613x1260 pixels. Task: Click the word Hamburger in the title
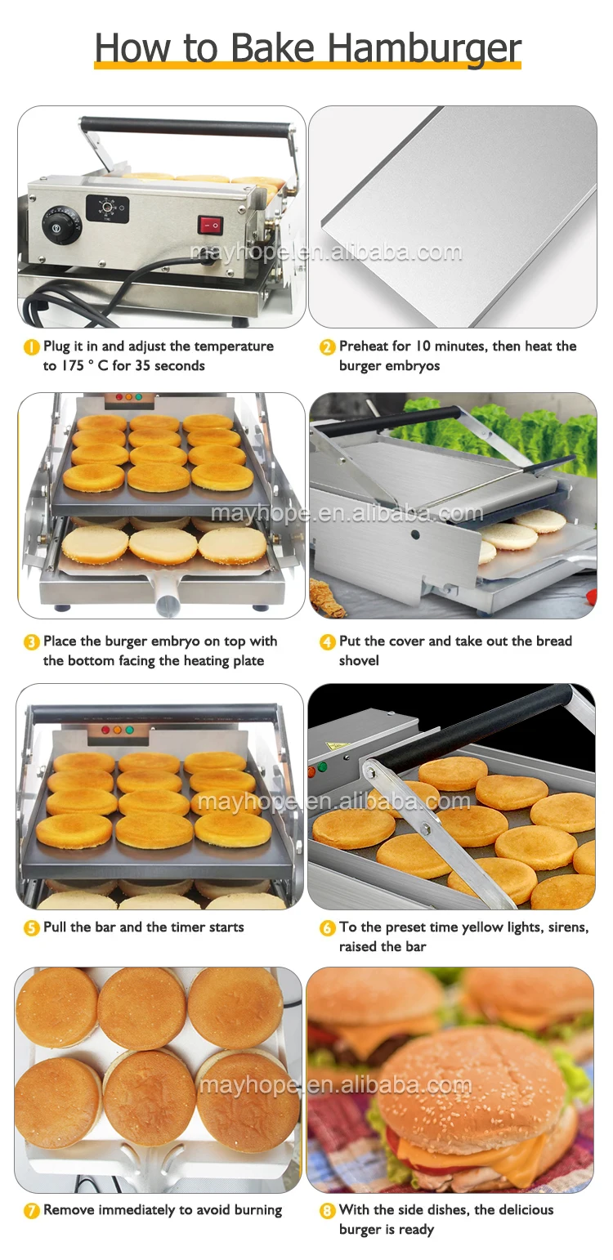[x=424, y=48]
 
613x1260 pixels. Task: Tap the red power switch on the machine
[x=211, y=226]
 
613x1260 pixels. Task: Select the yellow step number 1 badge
[x=32, y=347]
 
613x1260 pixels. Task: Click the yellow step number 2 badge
[x=327, y=347]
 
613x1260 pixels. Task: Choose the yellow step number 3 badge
[x=32, y=641]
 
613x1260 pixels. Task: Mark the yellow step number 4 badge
[x=327, y=641]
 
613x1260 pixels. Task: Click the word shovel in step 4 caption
[x=359, y=660]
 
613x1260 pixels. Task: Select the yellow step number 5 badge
[x=32, y=927]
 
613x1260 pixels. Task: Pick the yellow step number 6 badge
[x=327, y=927]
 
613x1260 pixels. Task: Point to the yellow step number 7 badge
[x=32, y=1210]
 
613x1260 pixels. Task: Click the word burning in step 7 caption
[x=258, y=1210]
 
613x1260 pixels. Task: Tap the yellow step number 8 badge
[x=327, y=1210]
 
